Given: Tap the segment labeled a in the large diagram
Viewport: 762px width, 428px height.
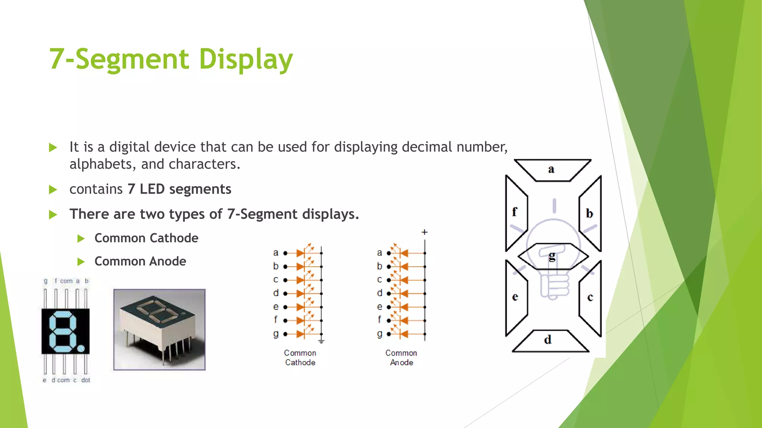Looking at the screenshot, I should tap(552, 170).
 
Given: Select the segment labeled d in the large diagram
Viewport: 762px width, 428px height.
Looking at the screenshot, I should tap(550, 341).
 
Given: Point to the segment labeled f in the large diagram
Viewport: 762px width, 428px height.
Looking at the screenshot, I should tap(516, 213).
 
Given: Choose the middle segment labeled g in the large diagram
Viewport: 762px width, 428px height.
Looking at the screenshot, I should tap(553, 256).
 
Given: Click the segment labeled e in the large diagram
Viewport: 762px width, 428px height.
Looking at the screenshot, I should tap(516, 297).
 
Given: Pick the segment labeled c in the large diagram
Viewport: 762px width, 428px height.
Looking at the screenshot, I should tap(590, 297).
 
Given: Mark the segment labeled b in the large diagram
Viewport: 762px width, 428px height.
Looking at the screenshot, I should tap(590, 213).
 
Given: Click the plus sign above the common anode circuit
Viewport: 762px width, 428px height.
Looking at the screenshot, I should tap(425, 232).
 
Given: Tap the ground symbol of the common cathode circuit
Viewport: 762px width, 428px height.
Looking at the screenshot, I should tap(321, 341).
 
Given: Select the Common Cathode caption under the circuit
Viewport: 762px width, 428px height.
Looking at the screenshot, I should tap(300, 357).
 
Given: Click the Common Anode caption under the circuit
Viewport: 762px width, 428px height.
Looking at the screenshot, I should tap(401, 357).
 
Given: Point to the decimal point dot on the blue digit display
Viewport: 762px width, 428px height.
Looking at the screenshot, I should tap(81, 348).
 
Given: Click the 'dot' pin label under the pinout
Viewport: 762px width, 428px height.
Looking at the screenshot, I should tap(86, 380).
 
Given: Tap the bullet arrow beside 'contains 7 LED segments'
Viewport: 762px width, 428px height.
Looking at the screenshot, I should tap(53, 190).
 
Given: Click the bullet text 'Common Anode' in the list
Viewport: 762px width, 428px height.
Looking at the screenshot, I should tap(140, 261).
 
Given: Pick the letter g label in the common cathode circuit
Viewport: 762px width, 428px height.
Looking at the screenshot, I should tap(276, 334).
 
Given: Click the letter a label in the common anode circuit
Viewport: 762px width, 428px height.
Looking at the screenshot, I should tap(380, 253).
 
